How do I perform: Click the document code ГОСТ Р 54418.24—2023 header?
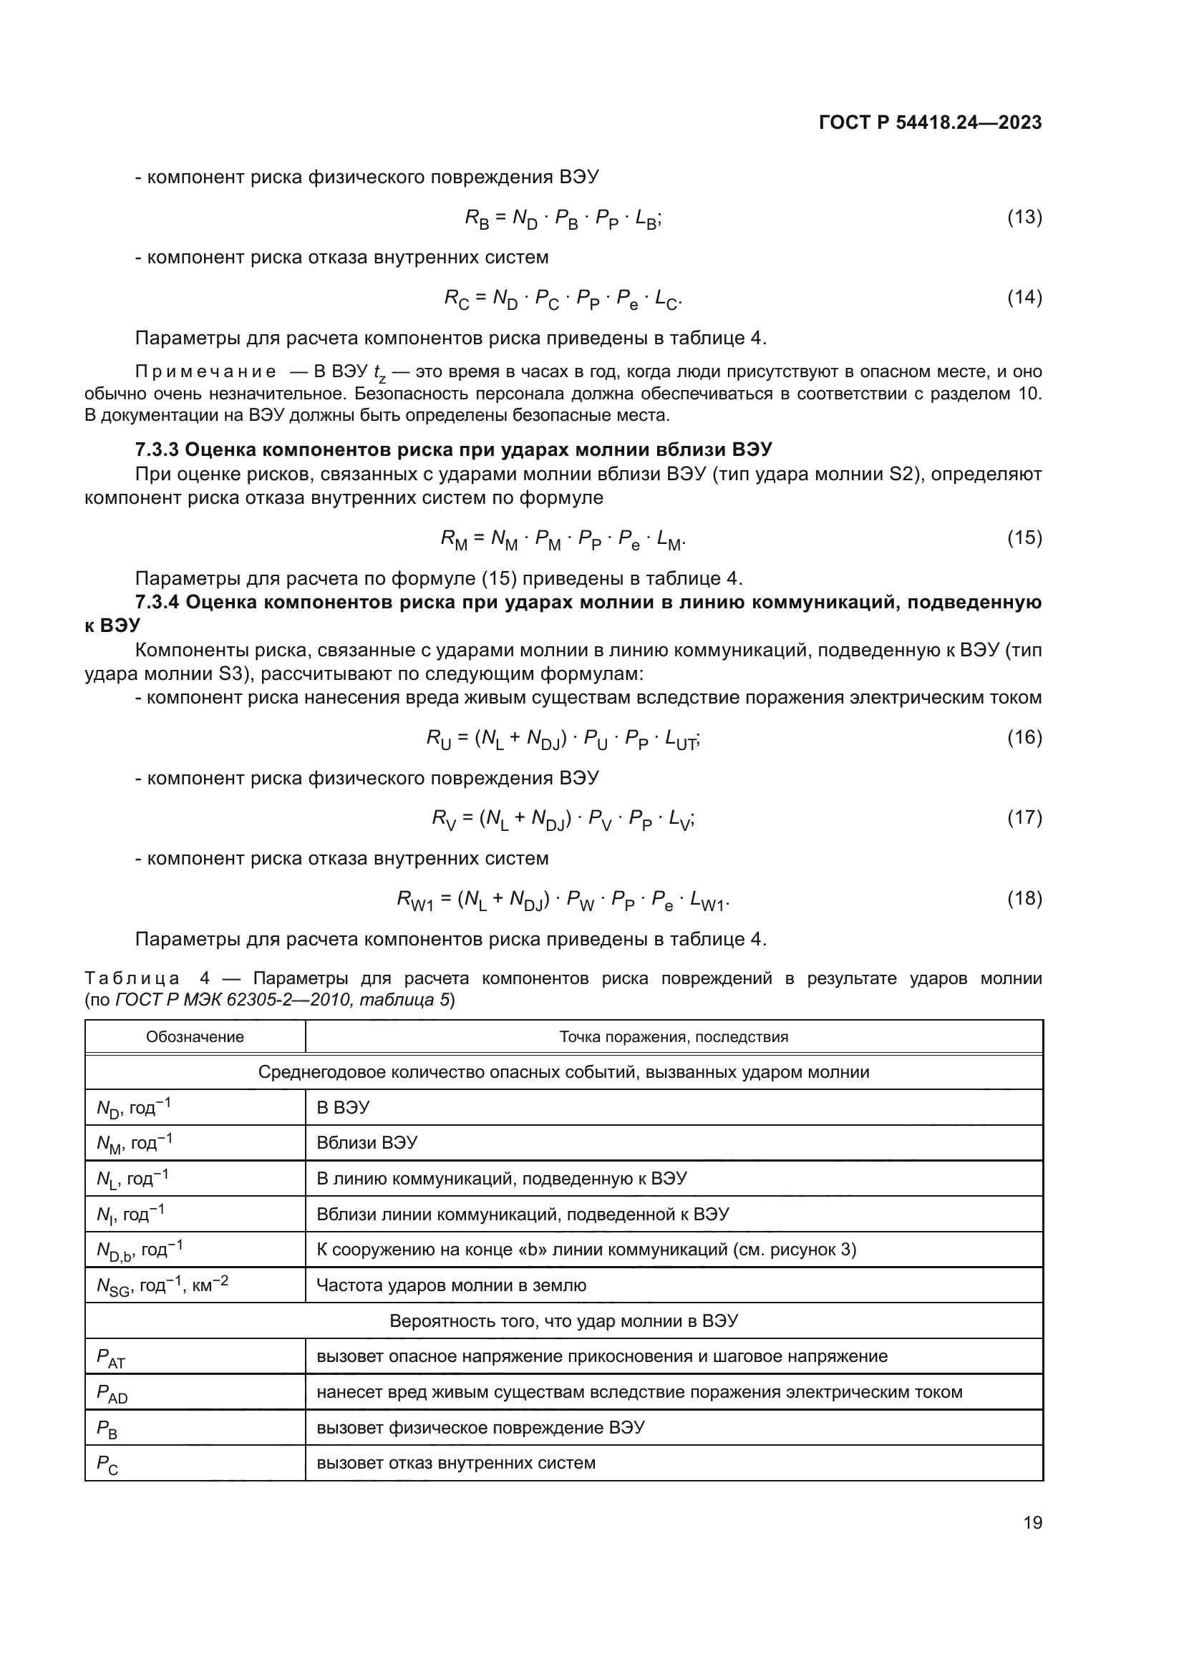930,122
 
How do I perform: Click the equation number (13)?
1024,218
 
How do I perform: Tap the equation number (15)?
1024,538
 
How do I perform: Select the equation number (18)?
1024,898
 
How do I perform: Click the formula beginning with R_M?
563,539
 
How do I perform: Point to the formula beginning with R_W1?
563,900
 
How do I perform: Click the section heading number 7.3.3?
157,449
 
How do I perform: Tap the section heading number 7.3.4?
157,602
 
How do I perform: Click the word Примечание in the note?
205,372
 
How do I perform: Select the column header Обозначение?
195,1037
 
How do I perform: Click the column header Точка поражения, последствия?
674,1037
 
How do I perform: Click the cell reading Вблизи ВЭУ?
367,1142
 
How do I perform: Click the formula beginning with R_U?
563,739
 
